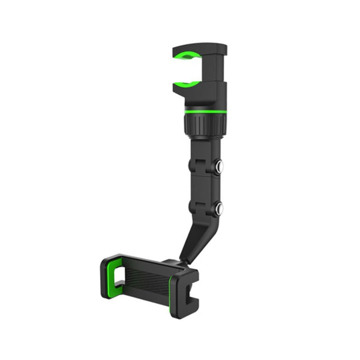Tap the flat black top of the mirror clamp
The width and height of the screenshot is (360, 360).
click(x=198, y=47)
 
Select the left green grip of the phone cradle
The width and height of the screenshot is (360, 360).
click(x=110, y=277)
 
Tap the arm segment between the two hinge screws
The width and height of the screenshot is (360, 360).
click(x=204, y=188)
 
